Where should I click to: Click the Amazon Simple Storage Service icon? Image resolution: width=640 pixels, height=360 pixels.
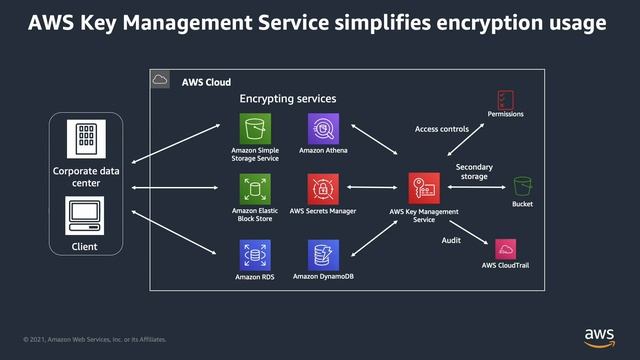point(254,129)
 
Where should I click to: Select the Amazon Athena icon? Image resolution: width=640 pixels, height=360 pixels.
point(323,129)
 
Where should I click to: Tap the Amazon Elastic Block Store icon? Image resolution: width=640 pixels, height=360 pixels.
point(254,189)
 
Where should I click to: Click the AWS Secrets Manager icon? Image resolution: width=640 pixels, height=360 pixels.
point(323,189)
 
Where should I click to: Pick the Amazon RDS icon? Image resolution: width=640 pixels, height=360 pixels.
point(254,255)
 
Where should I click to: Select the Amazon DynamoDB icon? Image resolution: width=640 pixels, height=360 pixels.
point(323,255)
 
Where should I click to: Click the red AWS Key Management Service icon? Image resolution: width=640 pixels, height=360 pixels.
point(424,188)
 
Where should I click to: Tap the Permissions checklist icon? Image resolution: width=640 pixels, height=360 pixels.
point(505,99)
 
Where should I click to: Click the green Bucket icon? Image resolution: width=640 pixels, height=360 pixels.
point(522,186)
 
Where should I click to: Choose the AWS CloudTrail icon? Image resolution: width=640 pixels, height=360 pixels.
point(505,249)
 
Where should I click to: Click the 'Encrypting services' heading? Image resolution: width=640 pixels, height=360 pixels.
point(287,100)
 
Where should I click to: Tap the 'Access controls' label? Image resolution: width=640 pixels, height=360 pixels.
point(442,129)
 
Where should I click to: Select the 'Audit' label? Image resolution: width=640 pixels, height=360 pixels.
point(451,240)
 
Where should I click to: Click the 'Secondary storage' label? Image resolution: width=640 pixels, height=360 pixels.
point(473,171)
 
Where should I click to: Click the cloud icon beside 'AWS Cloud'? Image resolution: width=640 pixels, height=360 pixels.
point(160,80)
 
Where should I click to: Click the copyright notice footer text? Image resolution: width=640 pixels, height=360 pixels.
point(95,339)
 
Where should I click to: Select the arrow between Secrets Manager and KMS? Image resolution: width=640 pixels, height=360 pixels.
point(373,188)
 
